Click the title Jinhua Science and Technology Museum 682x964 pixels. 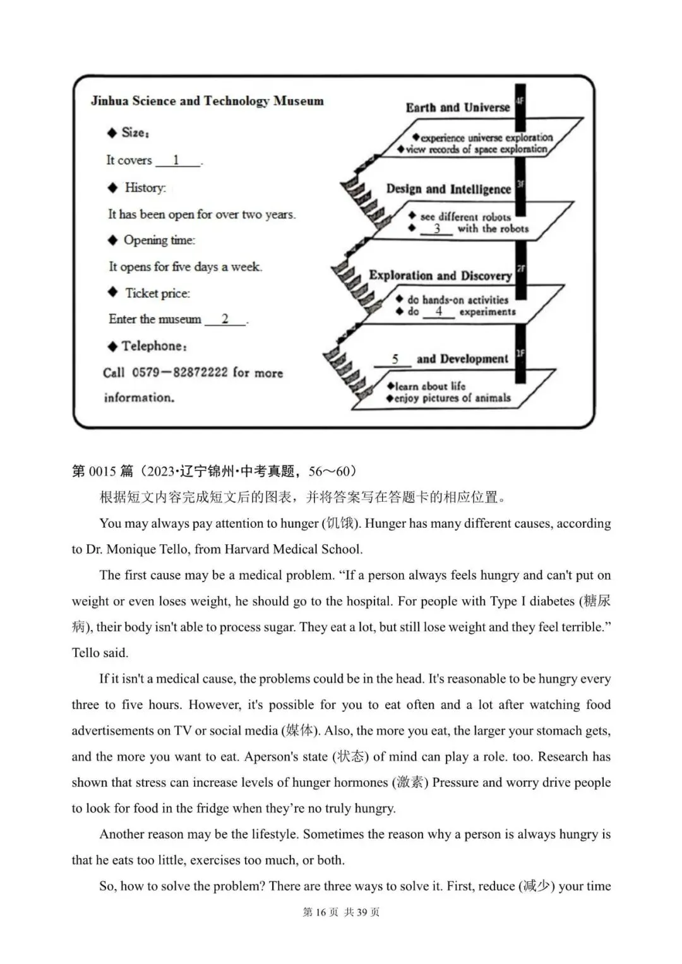point(207,101)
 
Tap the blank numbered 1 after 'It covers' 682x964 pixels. point(177,160)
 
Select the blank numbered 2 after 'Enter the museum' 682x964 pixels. point(225,319)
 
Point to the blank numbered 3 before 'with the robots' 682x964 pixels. point(437,229)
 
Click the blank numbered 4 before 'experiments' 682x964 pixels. point(438,311)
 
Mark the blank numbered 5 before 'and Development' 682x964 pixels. point(394,359)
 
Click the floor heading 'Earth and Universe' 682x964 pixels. point(457,107)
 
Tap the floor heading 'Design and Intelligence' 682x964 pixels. point(448,189)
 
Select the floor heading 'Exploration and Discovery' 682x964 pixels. point(440,275)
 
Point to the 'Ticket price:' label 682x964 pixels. point(157,293)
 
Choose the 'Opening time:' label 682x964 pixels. point(159,240)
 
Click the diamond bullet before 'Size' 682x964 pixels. point(112,133)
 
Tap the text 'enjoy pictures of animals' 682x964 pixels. point(452,398)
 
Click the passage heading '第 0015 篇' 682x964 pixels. point(102,471)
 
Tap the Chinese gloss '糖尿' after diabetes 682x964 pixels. point(597,601)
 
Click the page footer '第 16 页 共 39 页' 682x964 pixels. point(341,912)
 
